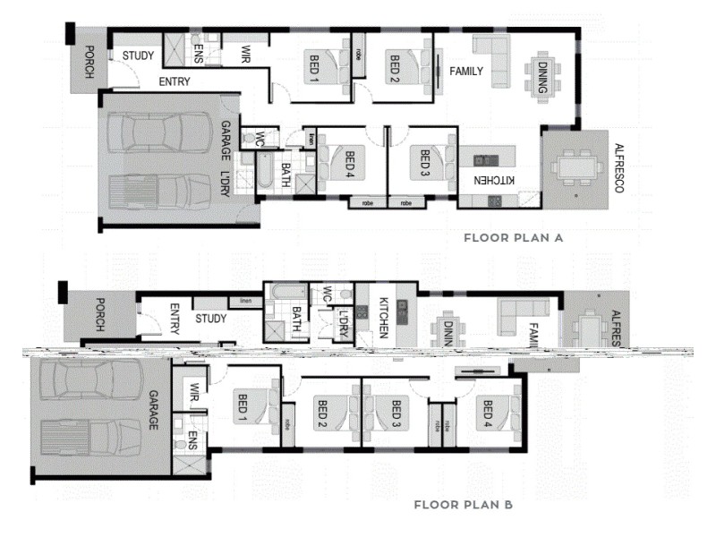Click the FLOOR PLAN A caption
(x=512, y=238)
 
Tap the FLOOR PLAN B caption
(x=463, y=505)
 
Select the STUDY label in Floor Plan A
(x=138, y=55)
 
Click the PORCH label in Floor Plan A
(x=88, y=63)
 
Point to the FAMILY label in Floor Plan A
(x=466, y=71)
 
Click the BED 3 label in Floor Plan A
(x=426, y=163)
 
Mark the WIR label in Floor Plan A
(x=244, y=54)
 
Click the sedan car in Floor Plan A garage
(x=163, y=132)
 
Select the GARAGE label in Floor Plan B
(x=152, y=410)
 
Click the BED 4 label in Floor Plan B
(x=488, y=413)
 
